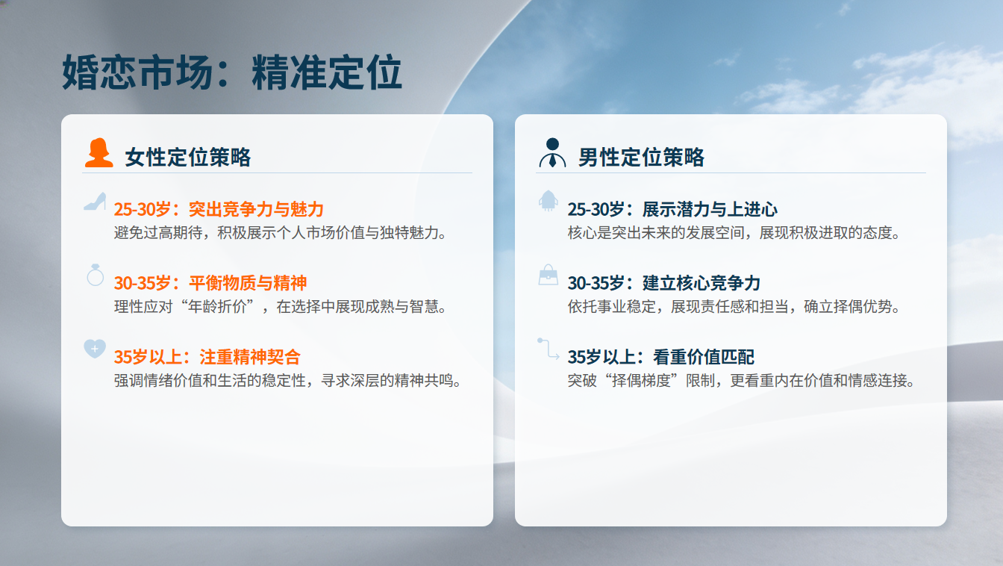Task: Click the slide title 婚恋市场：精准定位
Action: (x=231, y=72)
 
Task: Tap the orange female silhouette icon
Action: (x=99, y=153)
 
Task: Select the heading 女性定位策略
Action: (x=187, y=158)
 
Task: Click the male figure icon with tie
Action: (x=552, y=153)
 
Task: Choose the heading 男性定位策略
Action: (x=641, y=158)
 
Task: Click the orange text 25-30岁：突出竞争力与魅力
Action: (x=219, y=209)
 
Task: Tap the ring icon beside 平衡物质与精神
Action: (x=95, y=275)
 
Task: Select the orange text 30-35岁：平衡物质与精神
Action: (x=210, y=283)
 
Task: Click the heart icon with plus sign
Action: (x=95, y=349)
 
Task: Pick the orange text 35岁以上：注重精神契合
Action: (x=207, y=357)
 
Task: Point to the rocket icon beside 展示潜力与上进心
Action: (x=548, y=201)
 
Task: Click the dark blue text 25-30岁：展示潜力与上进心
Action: (x=672, y=209)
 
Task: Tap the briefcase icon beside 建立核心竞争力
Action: (x=548, y=275)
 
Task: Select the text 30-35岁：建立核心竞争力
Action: (x=664, y=283)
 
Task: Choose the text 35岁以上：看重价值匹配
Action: (x=661, y=357)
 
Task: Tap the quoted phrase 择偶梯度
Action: (x=641, y=381)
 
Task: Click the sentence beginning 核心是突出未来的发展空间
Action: (x=734, y=232)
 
